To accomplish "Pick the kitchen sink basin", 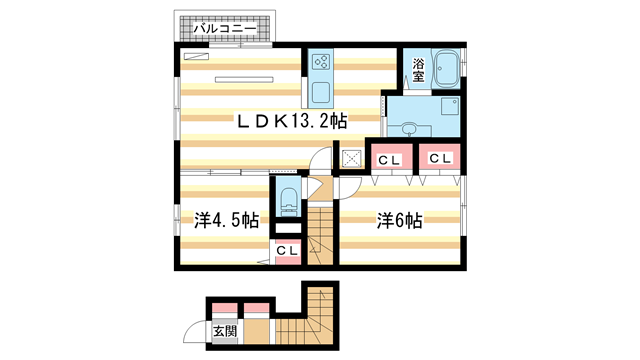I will tap(322, 94).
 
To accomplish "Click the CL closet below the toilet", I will tap(285, 250).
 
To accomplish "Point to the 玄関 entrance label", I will tap(224, 331).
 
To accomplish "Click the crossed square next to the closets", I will tap(351, 158).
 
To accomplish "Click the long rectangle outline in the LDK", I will tap(241, 77).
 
